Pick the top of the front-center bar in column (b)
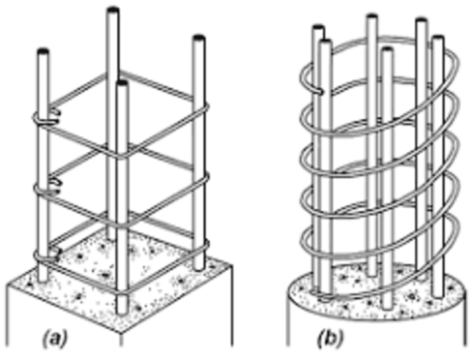pyautogui.click(x=387, y=50)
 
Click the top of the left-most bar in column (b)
pyautogui.click(x=318, y=28)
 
